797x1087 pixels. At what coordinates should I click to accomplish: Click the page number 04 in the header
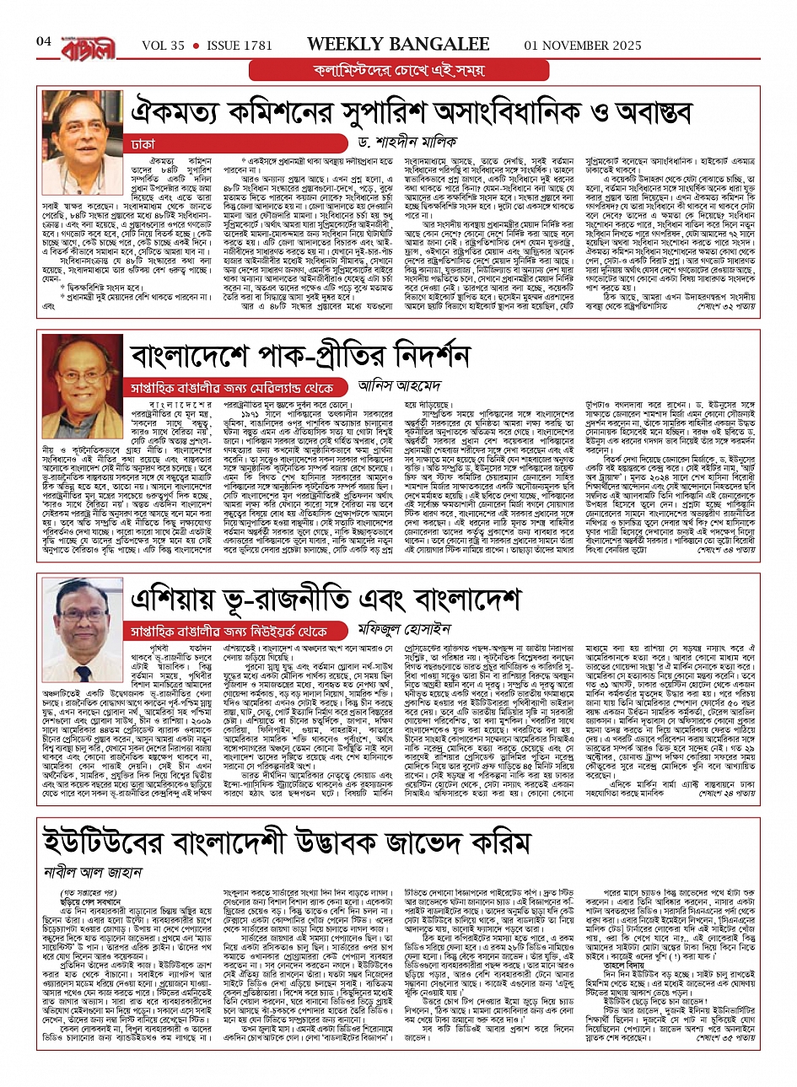click(44, 41)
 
